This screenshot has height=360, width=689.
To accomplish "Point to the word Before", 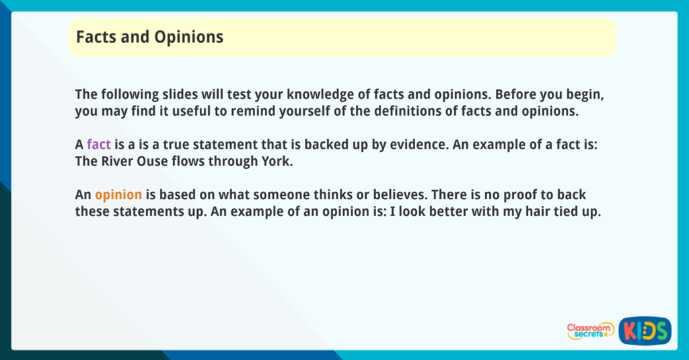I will [x=517, y=94].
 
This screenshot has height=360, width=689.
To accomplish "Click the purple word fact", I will [x=98, y=144].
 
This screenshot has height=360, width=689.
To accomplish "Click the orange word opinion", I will [x=118, y=194].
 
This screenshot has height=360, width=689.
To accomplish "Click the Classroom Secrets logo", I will [x=590, y=330].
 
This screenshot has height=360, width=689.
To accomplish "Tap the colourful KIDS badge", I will [x=644, y=330].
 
